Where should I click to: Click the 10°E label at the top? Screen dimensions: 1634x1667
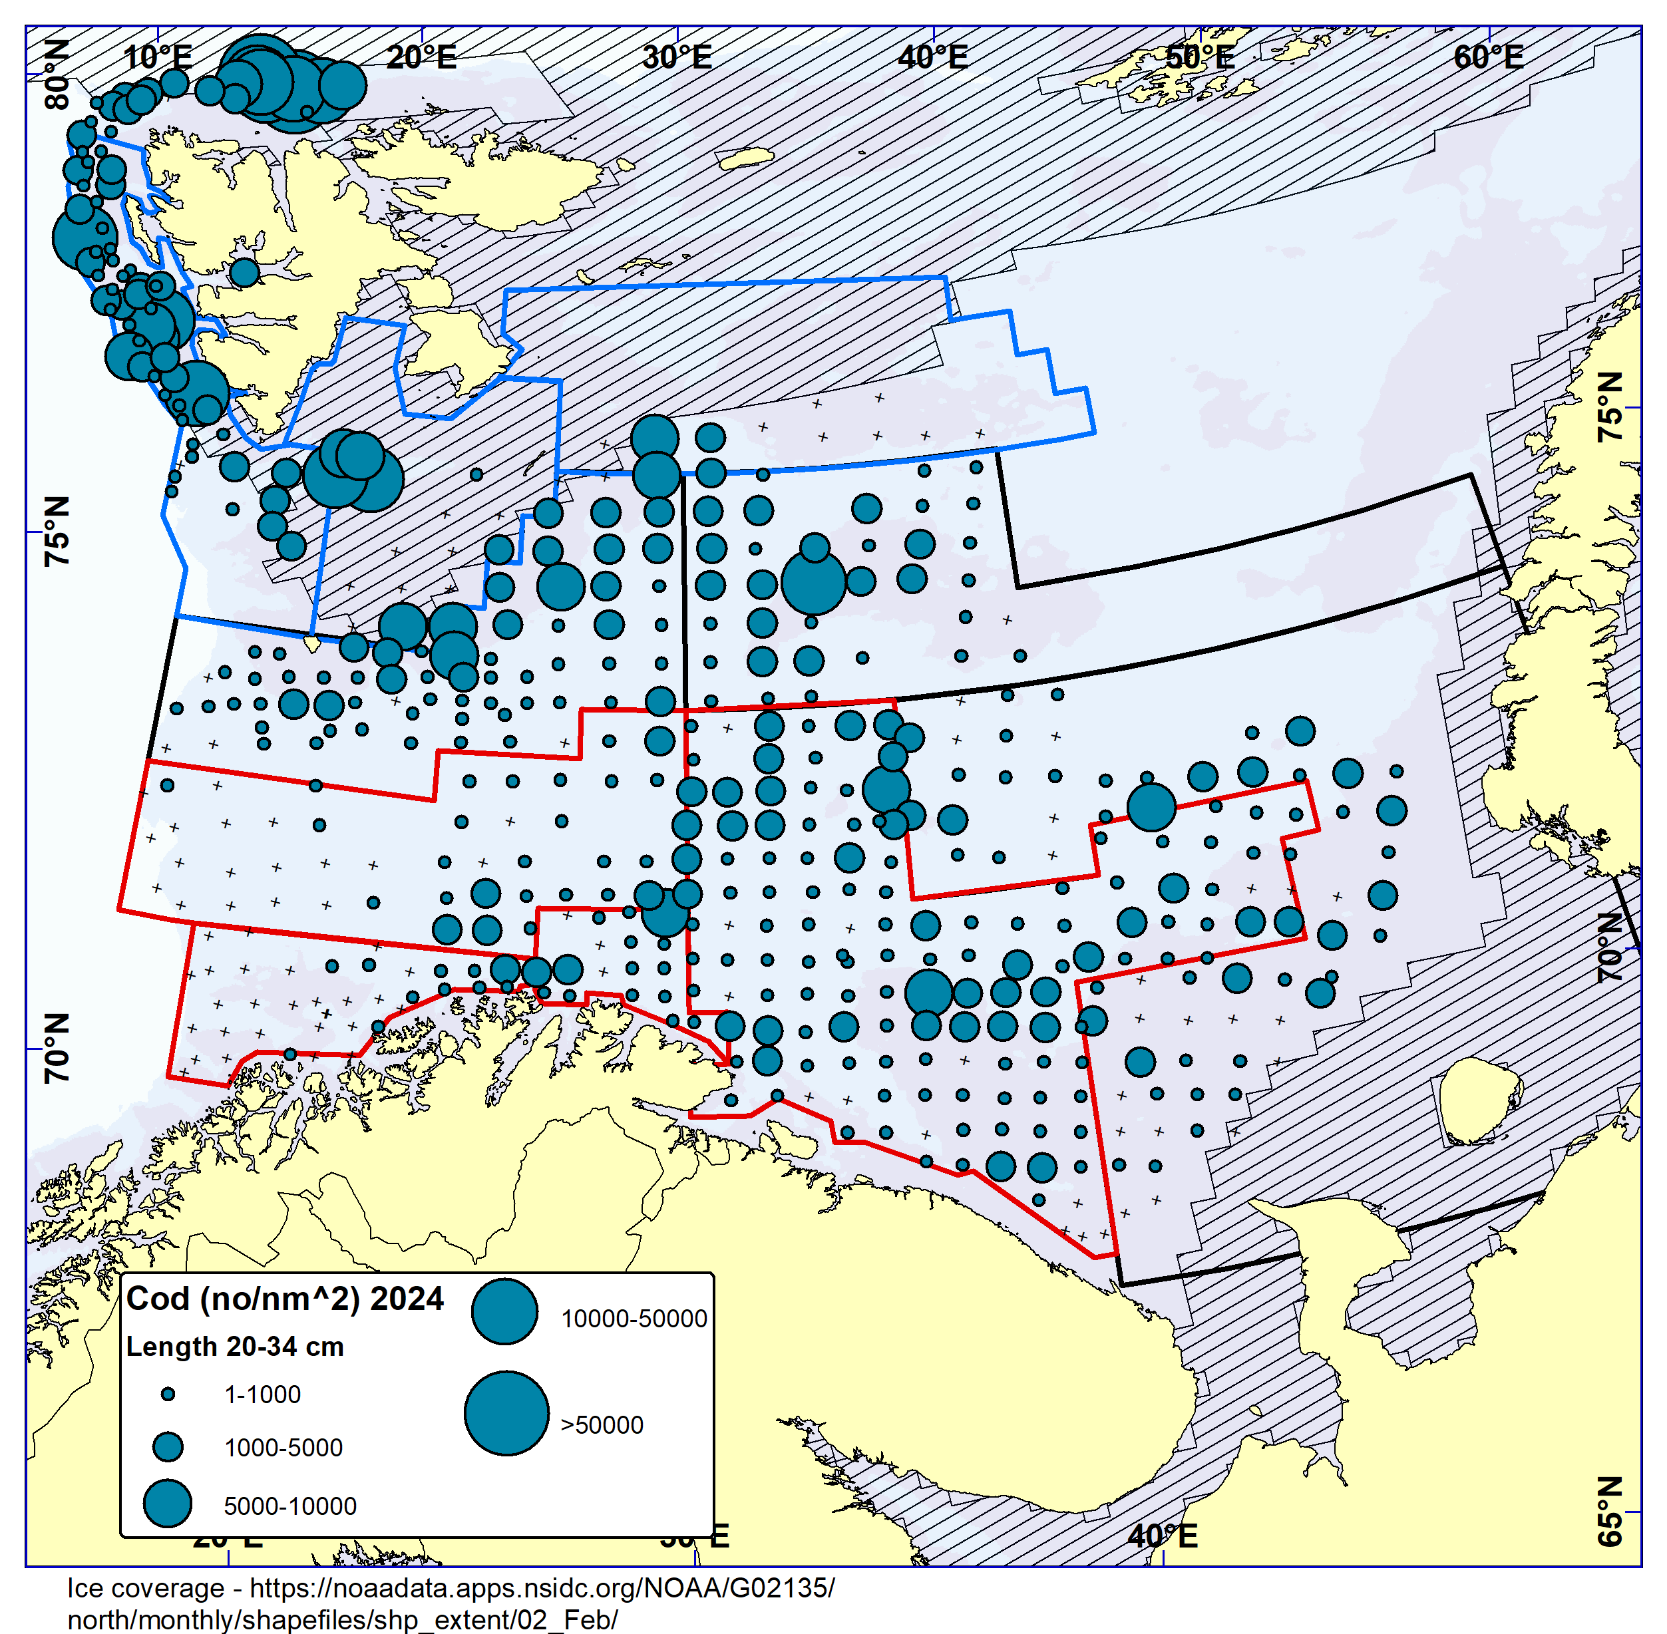157,57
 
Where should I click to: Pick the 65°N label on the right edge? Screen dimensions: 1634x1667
1610,1524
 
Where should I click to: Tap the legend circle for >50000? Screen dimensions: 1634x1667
506,1413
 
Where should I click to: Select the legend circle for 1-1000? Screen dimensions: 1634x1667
168,1394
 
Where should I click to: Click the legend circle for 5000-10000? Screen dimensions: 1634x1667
168,1504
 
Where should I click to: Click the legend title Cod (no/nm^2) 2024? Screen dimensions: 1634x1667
284,1299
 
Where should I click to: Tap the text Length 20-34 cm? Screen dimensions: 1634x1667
234,1347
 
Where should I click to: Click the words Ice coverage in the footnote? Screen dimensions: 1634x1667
145,1589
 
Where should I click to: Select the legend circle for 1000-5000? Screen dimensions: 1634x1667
168,1448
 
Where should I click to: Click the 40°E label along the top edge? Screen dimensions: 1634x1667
932,57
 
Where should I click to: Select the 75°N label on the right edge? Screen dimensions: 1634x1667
1610,408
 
